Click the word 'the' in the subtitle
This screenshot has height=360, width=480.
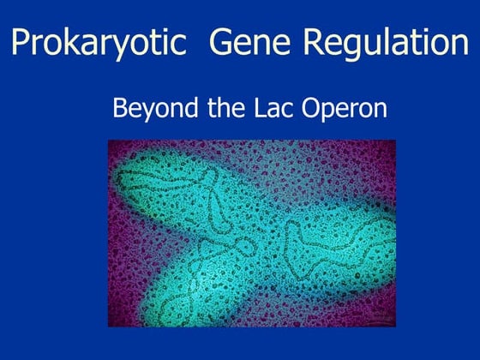coord(216,110)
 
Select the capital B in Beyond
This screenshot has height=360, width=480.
coord(120,110)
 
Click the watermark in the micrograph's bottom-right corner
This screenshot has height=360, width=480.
coord(382,319)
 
